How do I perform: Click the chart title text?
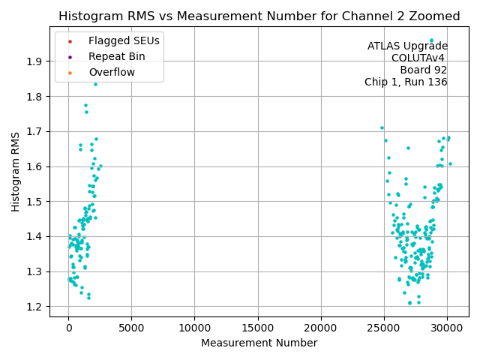[259, 16]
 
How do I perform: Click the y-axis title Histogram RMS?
[16, 171]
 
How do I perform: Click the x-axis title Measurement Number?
[259, 343]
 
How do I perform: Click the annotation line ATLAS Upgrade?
[407, 46]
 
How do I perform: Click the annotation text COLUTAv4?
[419, 58]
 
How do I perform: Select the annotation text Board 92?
[424, 70]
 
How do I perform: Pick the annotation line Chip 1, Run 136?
[406, 82]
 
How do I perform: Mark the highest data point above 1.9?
[431, 40]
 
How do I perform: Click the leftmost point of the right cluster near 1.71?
[382, 128]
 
